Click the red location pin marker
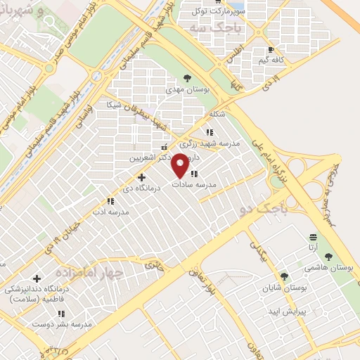[x=180, y=165]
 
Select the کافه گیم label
[x=270, y=60]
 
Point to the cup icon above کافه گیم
[x=271, y=50]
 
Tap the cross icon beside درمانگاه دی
[x=141, y=177]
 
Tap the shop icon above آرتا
[x=312, y=236]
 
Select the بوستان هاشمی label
[x=328, y=267]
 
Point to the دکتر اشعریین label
[x=149, y=157]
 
